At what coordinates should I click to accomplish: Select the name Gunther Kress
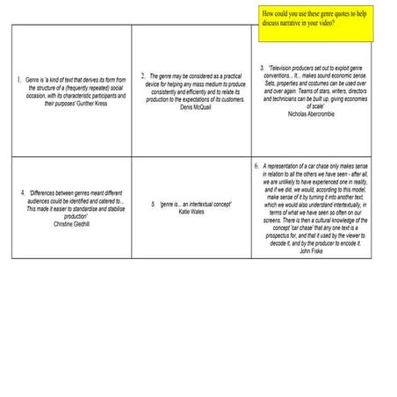(98, 105)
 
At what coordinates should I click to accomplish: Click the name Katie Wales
(191, 212)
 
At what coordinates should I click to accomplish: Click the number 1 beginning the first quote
(18, 80)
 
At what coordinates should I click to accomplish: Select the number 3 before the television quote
(262, 68)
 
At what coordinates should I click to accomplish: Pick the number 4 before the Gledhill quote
(22, 192)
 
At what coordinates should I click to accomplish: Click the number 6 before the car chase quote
(256, 165)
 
